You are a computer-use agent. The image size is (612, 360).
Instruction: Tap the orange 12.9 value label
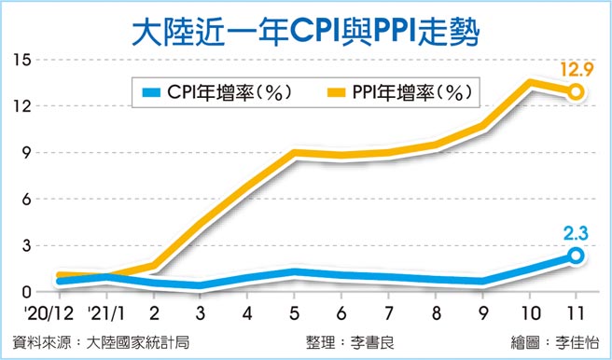pos(575,68)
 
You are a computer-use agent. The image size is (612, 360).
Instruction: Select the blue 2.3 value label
pos(575,232)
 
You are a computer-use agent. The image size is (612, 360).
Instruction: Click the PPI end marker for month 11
pos(577,91)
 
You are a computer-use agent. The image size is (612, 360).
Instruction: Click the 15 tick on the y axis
pos(22,60)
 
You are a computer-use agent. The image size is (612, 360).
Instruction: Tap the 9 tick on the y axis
pos(27,152)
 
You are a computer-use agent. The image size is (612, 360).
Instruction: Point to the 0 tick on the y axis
pos(27,292)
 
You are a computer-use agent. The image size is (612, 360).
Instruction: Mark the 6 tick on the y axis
pos(27,199)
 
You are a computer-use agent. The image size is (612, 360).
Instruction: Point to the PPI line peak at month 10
pos(530,83)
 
